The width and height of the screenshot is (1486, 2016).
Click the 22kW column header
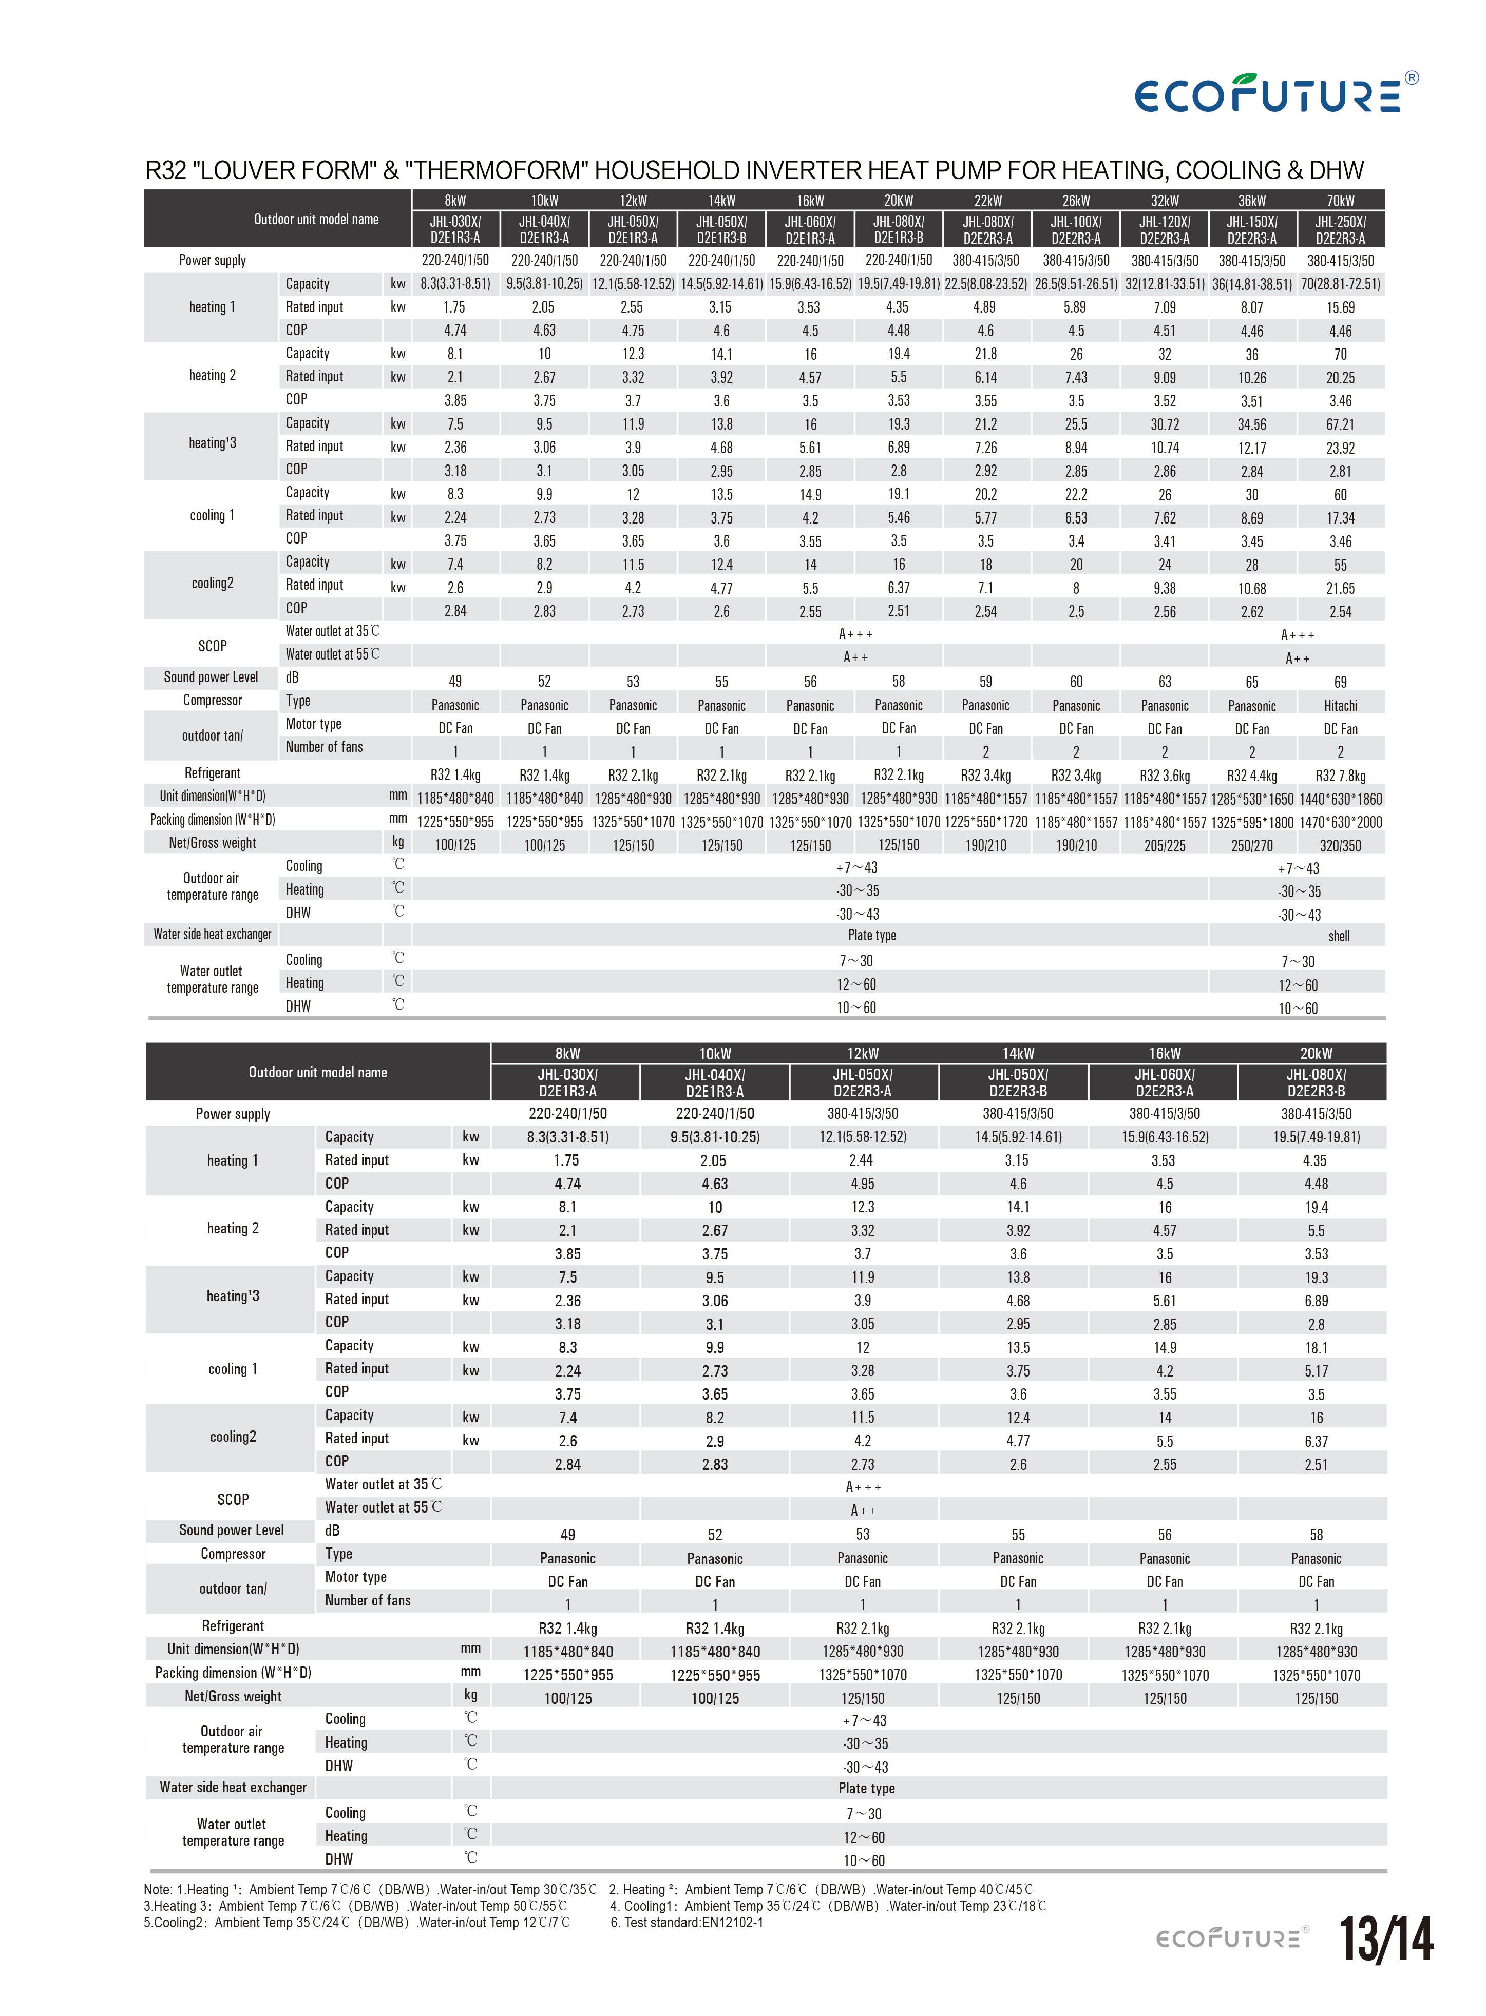coord(987,201)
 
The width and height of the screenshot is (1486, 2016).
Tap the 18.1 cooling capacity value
coord(1316,1348)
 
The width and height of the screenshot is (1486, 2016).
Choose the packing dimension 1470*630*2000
coord(1340,822)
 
